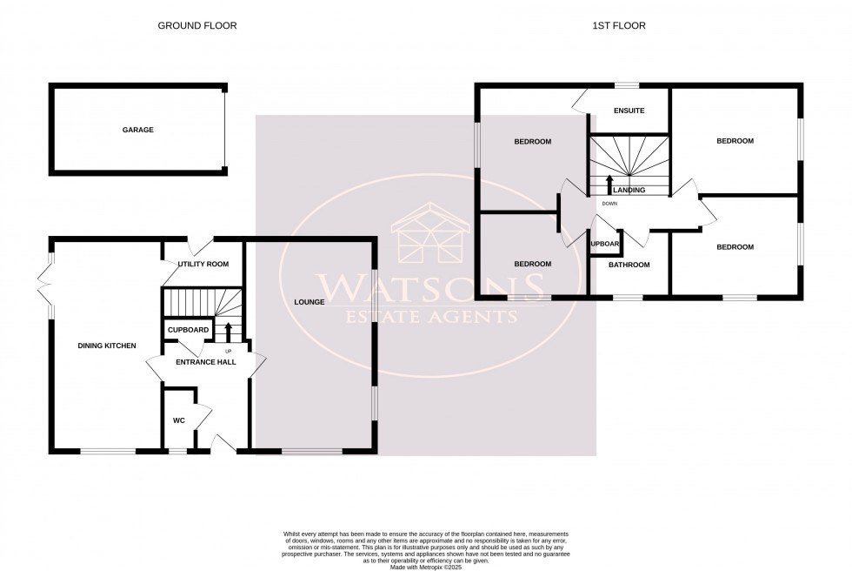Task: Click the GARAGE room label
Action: (137, 130)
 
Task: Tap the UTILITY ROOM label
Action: (203, 264)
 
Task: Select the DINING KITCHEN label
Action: (107, 346)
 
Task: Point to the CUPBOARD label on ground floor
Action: (188, 330)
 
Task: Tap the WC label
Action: (179, 420)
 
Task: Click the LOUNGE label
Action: (309, 303)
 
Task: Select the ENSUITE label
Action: (628, 111)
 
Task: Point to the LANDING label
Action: (629, 190)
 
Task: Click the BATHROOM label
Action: (629, 265)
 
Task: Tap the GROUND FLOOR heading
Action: (196, 26)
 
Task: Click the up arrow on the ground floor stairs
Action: (229, 331)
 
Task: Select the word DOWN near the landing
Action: (609, 204)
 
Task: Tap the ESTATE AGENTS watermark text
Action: (429, 316)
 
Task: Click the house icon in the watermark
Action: (429, 235)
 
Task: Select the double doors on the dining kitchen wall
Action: (45, 283)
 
